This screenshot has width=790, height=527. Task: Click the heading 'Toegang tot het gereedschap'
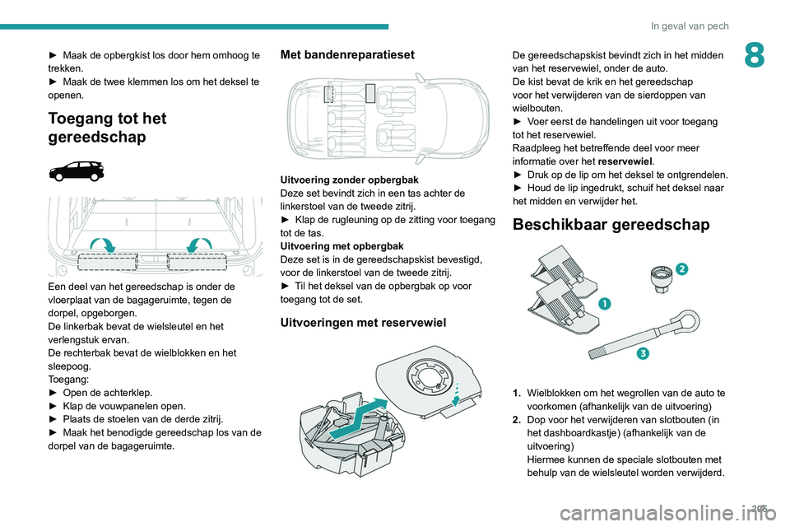107,127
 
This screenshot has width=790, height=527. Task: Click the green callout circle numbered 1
604,303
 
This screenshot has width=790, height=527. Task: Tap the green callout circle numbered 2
681,268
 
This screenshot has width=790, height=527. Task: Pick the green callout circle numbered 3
642,354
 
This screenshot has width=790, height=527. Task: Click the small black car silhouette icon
77,170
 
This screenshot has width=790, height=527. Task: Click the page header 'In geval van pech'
690,26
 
